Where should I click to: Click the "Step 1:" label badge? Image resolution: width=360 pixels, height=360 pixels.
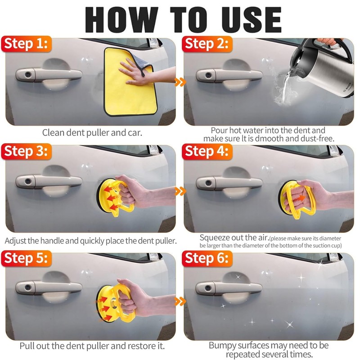click(x=27, y=44)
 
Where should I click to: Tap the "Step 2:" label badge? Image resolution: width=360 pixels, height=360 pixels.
click(x=207, y=44)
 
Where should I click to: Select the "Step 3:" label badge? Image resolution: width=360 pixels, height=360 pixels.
click(x=27, y=151)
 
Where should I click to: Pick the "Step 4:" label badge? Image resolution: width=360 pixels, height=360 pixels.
click(x=207, y=151)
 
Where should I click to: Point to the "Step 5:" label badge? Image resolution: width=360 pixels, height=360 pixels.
click(x=27, y=258)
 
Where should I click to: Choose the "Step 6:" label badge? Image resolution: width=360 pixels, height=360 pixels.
click(x=207, y=258)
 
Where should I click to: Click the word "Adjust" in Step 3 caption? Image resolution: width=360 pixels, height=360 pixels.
click(x=15, y=241)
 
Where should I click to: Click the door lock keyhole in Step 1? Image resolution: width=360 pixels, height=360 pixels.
click(x=28, y=75)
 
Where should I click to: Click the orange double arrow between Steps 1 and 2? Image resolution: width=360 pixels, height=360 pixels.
click(x=180, y=82)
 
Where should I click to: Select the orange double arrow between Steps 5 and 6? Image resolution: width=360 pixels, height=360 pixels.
click(x=180, y=301)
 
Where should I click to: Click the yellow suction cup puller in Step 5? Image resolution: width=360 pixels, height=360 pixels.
click(x=114, y=302)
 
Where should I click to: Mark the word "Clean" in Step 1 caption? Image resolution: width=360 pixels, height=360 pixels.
click(x=53, y=133)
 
